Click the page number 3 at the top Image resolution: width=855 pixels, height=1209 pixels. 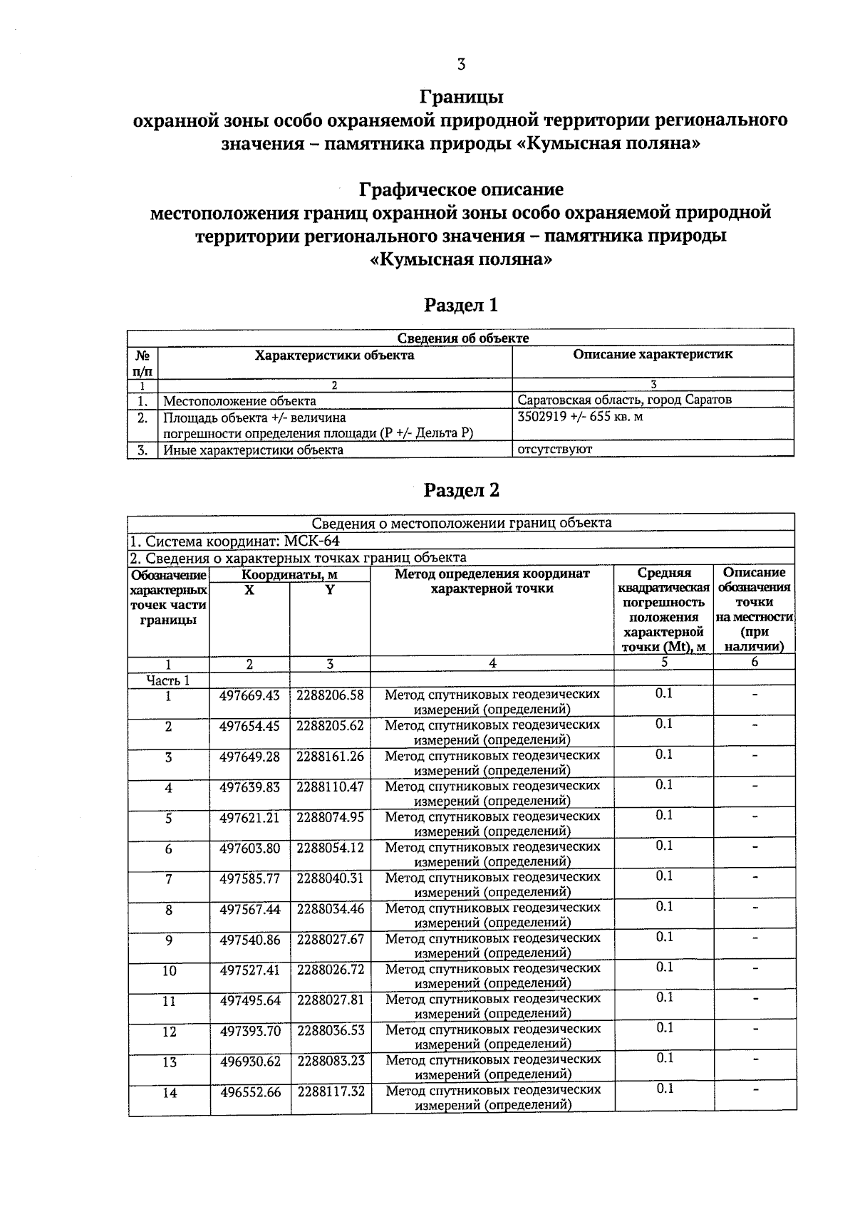tap(461, 65)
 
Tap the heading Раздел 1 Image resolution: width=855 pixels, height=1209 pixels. tap(461, 306)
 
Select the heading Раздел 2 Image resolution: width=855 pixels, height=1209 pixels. tap(461, 490)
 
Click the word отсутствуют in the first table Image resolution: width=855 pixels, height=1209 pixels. tap(555, 450)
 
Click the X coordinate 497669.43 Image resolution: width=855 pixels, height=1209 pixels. tap(249, 695)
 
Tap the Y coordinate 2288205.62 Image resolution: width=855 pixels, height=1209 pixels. tap(330, 725)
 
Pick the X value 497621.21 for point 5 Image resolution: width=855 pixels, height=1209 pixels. tap(249, 817)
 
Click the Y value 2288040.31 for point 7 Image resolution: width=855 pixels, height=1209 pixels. tap(330, 878)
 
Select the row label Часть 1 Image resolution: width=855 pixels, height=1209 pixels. tap(168, 680)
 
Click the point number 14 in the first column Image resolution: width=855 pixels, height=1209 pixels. tap(169, 1093)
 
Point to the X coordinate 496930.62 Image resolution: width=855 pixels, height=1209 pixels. tap(250, 1061)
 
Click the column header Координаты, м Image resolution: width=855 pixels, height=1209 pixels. tap(289, 574)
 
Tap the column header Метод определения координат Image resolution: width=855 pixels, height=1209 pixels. tap(492, 574)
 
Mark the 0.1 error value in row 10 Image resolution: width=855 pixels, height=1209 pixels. tap(664, 967)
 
